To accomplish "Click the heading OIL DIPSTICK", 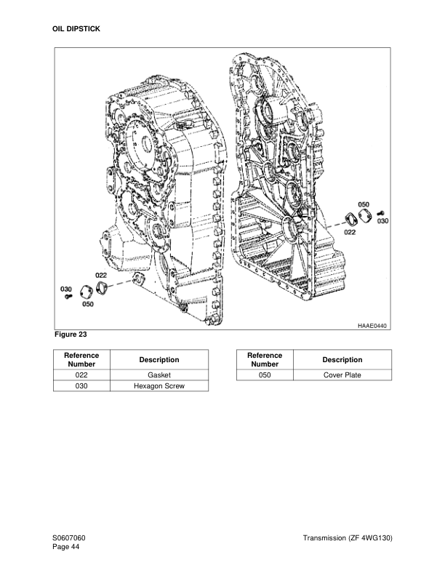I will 76,28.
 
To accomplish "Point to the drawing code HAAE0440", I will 371,325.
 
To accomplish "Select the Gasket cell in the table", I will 159,375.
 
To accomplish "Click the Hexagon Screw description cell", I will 159,386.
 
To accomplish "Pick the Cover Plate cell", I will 342,375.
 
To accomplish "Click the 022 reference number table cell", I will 82,375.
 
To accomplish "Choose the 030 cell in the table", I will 82,386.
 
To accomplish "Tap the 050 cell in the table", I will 265,375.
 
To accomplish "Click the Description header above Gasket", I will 159,359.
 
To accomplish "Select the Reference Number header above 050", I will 265,359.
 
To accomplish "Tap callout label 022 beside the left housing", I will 101,276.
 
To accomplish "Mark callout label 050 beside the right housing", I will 364,204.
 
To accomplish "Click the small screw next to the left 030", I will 68,297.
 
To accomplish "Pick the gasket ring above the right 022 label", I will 348,220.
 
